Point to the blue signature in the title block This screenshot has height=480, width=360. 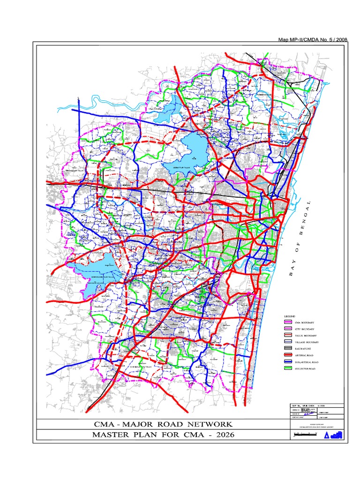pyautogui.click(x=307, y=414)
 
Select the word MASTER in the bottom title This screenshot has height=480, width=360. pyautogui.click(x=113, y=435)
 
